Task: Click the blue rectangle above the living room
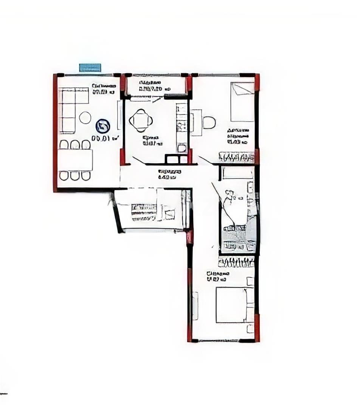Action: (90, 68)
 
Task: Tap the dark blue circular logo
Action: (102, 126)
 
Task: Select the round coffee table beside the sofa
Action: (85, 117)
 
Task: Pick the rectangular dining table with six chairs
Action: (75, 160)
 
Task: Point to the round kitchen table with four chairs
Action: (141, 121)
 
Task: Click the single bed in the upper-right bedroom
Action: (242, 102)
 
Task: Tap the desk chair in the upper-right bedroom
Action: (209, 122)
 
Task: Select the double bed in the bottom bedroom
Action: (231, 305)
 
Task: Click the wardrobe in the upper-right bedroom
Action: (236, 157)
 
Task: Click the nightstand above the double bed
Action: (250, 281)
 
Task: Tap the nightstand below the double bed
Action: (250, 328)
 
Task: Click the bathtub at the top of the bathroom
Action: (237, 173)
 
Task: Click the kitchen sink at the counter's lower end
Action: (182, 148)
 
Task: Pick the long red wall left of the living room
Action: (55, 132)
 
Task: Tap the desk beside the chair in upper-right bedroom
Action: (196, 122)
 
